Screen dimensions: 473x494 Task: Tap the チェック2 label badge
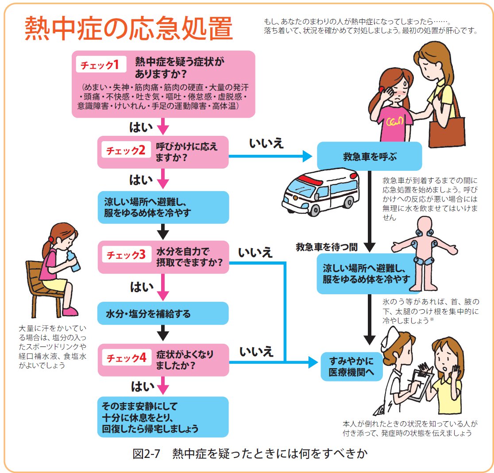coord(125,150)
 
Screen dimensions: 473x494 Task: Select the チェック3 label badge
coord(125,255)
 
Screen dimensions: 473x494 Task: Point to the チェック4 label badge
coord(125,358)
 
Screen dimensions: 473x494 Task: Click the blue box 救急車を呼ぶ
coord(370,157)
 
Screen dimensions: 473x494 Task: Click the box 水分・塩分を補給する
coord(163,314)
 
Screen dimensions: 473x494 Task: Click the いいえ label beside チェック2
coord(266,144)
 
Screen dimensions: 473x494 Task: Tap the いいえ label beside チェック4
coord(256,352)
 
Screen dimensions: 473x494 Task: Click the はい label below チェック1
coord(141,127)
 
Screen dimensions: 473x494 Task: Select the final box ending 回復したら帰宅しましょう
coord(163,417)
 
